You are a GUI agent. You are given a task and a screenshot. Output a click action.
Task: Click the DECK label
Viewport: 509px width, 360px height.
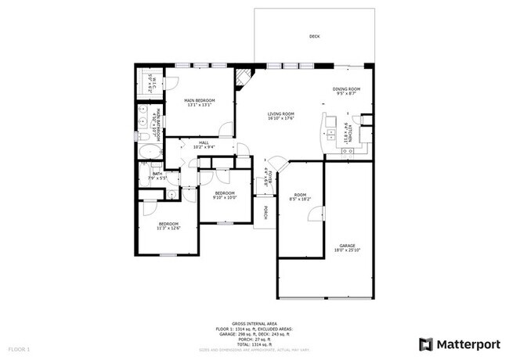[314, 37]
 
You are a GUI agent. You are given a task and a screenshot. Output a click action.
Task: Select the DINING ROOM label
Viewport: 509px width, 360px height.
[346, 89]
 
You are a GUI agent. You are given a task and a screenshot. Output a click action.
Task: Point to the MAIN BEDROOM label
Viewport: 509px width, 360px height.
[199, 101]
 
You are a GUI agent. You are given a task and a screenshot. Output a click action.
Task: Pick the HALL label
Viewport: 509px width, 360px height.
[202, 142]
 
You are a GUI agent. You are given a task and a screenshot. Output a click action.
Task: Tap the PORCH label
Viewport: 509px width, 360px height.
[265, 212]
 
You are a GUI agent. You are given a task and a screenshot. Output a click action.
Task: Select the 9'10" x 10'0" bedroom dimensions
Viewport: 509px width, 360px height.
[225, 197]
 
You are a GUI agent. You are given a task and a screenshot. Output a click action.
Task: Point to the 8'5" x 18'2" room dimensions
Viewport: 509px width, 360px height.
[300, 199]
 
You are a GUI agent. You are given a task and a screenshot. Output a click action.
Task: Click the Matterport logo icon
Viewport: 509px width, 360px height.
[426, 344]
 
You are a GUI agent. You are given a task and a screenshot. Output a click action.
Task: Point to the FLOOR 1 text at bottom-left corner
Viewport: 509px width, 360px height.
[19, 347]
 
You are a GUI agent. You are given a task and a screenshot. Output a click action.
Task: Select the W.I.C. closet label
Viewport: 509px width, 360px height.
[154, 81]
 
